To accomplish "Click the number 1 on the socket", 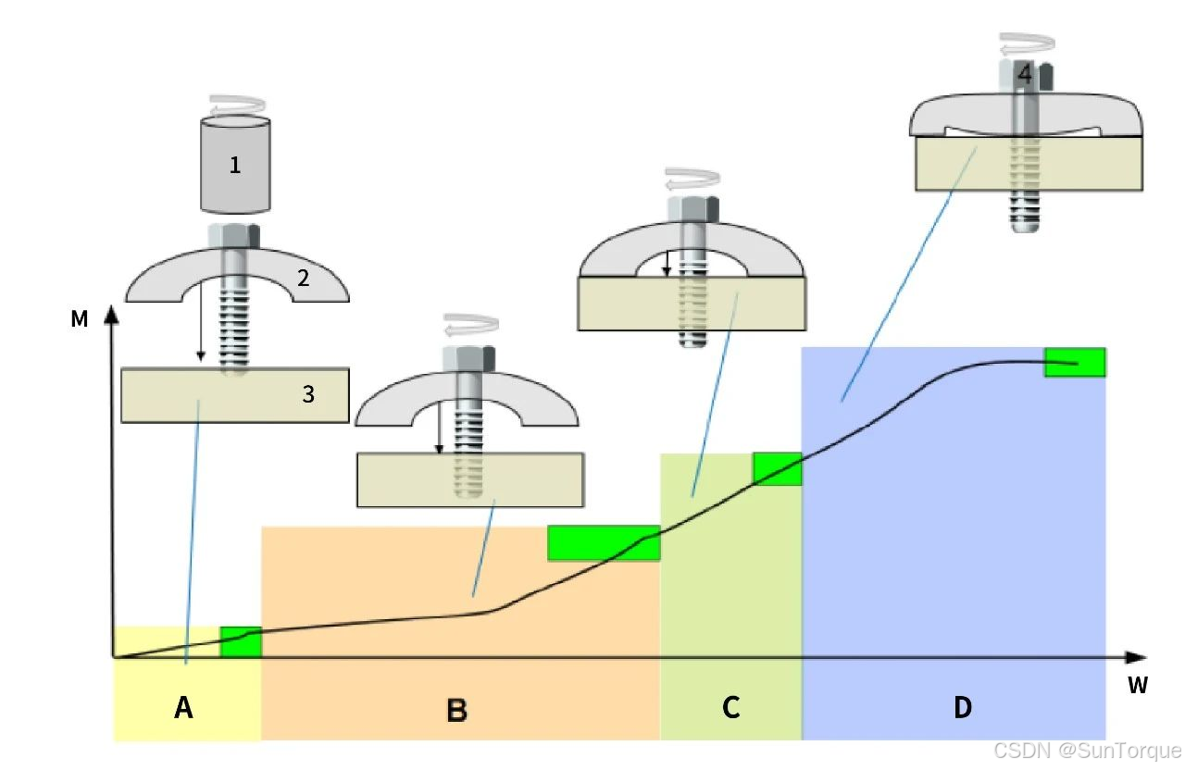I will (x=235, y=166).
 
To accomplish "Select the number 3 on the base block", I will (x=308, y=394).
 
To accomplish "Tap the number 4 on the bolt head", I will (x=1022, y=74).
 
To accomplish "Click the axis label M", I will (x=80, y=320).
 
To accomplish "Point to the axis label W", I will (x=1138, y=686).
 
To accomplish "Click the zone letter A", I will (x=183, y=709).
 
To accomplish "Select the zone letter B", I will (x=456, y=710).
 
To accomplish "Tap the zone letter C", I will (x=730, y=708).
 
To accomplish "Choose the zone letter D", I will (x=963, y=708).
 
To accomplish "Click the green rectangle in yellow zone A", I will (x=241, y=641).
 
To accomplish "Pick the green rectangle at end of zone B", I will (x=604, y=543).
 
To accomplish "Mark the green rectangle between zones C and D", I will (x=777, y=468).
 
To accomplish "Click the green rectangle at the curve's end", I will (x=1075, y=362).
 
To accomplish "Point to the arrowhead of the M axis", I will (x=111, y=312).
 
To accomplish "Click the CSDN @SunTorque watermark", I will (x=1087, y=751).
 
